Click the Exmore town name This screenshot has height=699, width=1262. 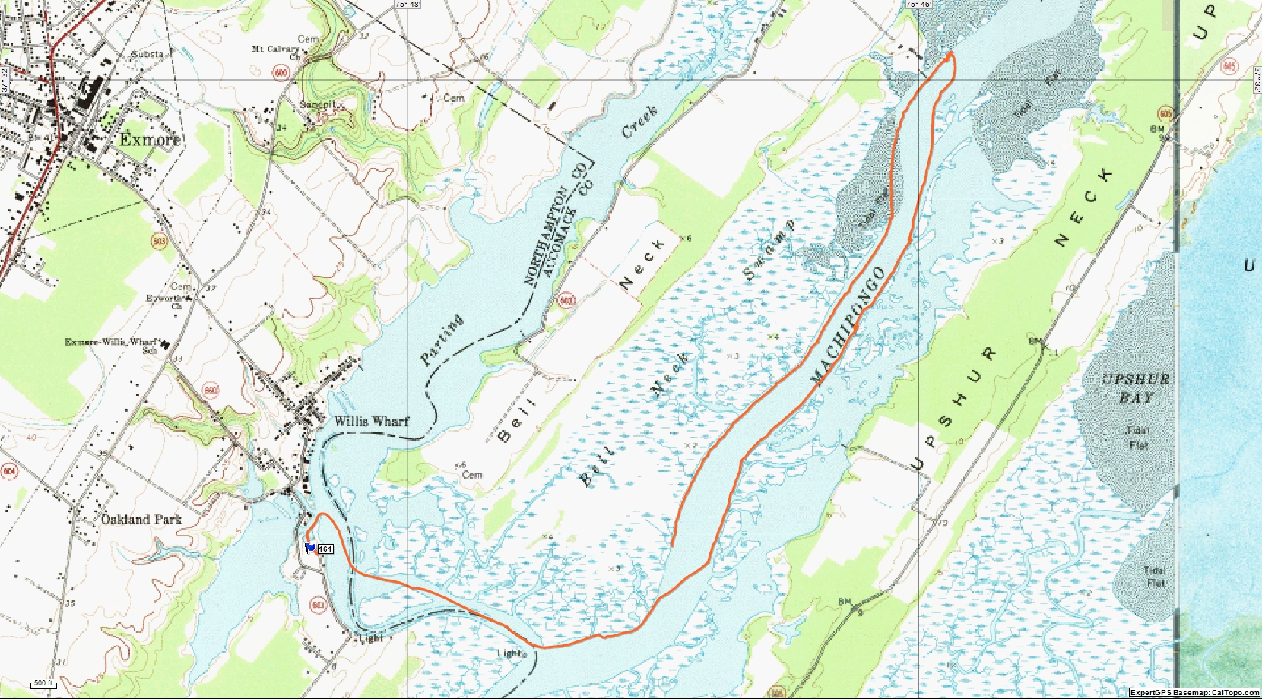150,139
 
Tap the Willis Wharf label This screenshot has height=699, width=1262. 371,421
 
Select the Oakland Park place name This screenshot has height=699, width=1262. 142,520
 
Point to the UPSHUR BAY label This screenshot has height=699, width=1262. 1136,387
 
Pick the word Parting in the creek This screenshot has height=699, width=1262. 442,340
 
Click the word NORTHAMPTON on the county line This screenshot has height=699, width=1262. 547,236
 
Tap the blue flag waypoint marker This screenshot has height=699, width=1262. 310,547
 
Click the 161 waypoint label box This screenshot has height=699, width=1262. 325,549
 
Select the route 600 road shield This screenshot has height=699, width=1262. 281,73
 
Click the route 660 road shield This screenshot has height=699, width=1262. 211,391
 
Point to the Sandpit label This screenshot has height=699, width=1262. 318,104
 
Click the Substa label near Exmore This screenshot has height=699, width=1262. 147,55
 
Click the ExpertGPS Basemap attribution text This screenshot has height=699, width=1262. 1194,692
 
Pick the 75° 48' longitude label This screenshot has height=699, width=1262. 407,5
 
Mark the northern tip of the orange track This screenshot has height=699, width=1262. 951,53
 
